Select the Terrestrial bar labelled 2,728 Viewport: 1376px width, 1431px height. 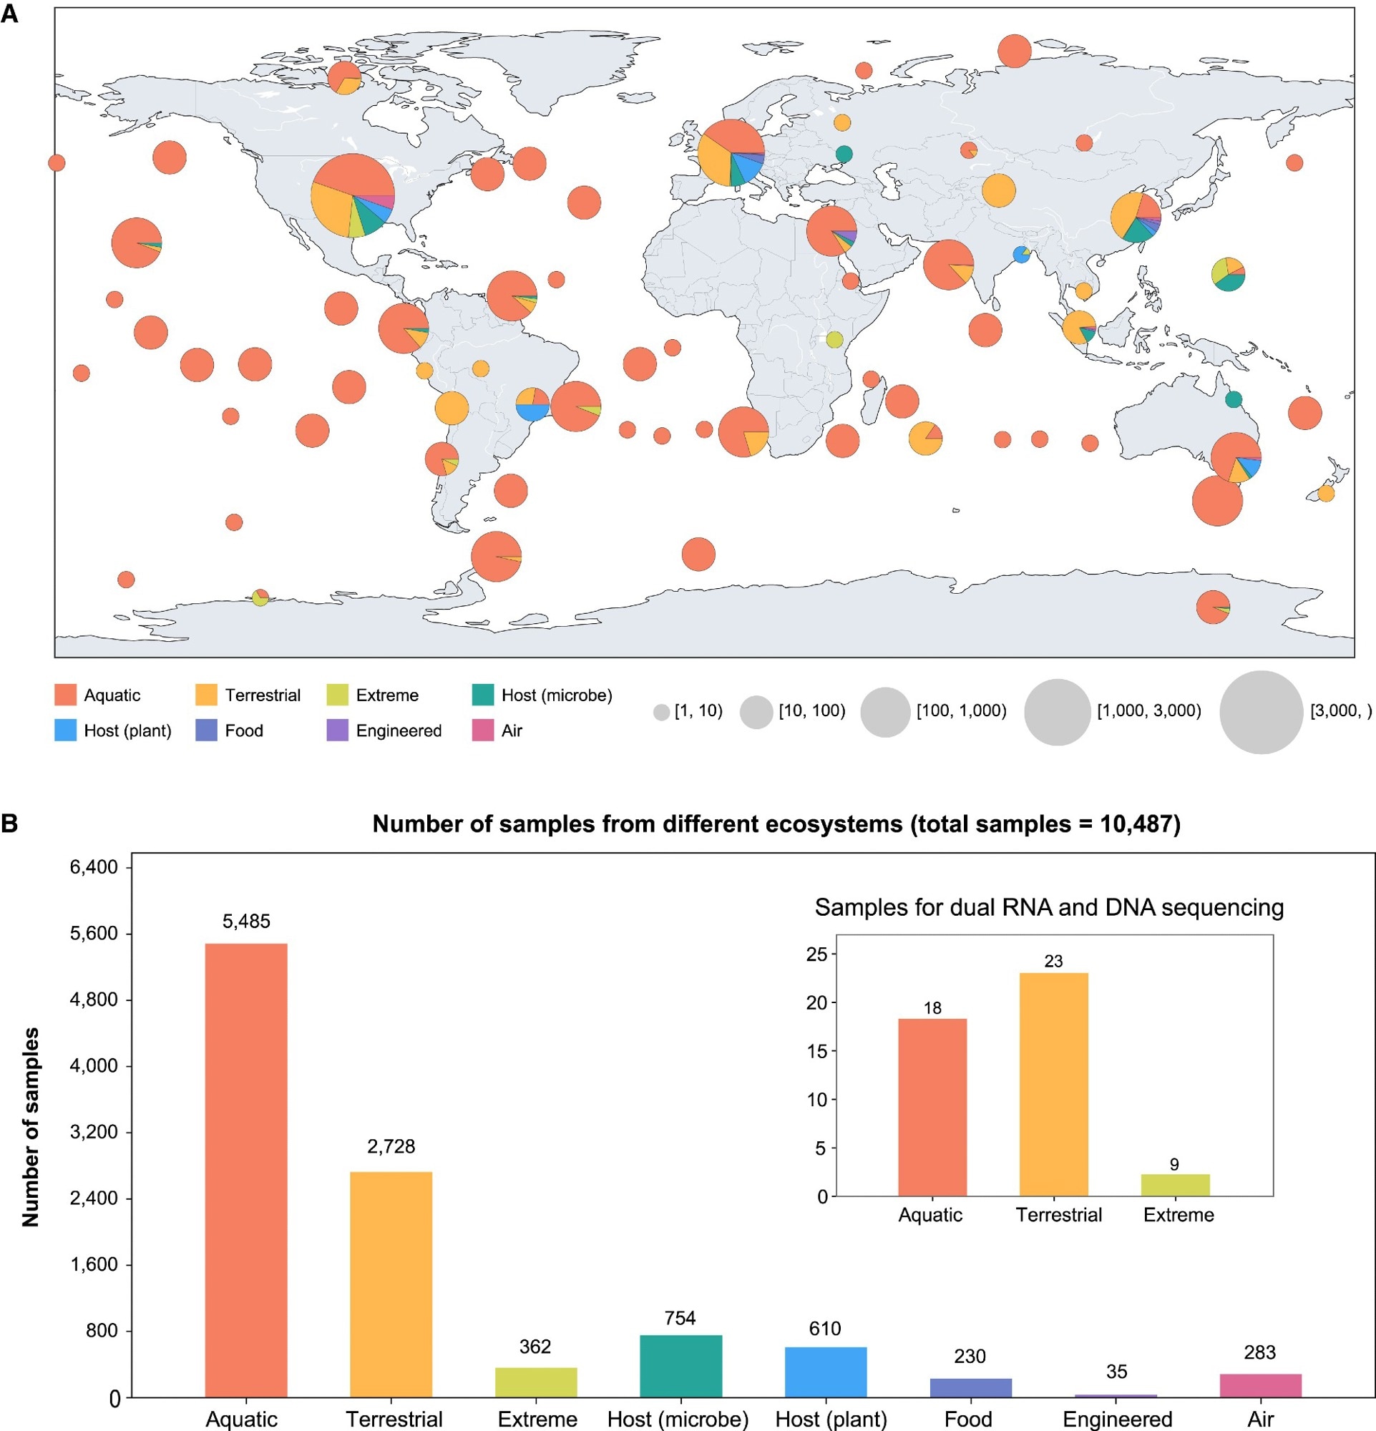pyautogui.click(x=391, y=1284)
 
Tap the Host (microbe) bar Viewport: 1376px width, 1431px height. pyautogui.click(x=680, y=1366)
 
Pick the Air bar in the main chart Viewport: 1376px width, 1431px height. pyautogui.click(x=1260, y=1385)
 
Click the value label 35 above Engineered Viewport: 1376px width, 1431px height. pyautogui.click(x=1116, y=1372)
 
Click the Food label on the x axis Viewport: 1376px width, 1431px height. pyautogui.click(x=968, y=1420)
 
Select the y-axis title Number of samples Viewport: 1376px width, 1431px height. pyautogui.click(x=31, y=1128)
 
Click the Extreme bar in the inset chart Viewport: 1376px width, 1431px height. pyautogui.click(x=1174, y=1185)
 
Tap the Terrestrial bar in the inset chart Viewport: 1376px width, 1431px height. pyautogui.click(x=1053, y=1085)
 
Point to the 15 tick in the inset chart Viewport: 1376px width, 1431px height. pyautogui.click(x=817, y=1051)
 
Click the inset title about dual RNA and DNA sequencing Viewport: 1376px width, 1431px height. pyautogui.click(x=1049, y=907)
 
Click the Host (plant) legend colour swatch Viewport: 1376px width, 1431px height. pyautogui.click(x=66, y=731)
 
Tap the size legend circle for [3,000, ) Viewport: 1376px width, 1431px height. pyautogui.click(x=1261, y=712)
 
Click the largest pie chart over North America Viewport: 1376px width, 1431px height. pyautogui.click(x=353, y=195)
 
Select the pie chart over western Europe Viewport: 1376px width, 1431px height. pyautogui.click(x=731, y=152)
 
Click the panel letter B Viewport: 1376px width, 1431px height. pyautogui.click(x=9, y=824)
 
